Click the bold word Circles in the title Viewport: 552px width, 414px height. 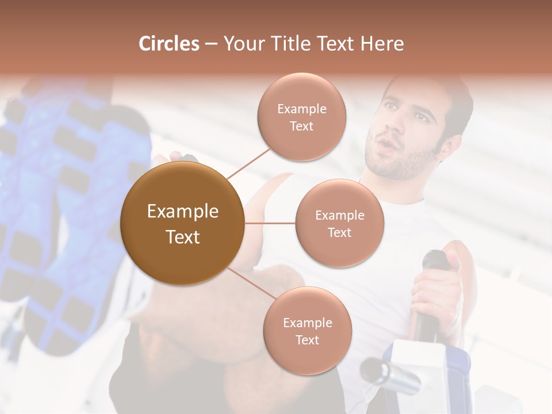coord(168,44)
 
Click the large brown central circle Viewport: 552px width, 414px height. coord(182,223)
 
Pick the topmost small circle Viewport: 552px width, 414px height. coord(302,117)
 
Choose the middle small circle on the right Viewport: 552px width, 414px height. coord(340,223)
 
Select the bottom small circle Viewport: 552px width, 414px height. coord(307,331)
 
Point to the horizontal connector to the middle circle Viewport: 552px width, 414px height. coord(270,223)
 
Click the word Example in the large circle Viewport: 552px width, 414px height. coord(182,212)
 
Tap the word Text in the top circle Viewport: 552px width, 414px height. coord(302,126)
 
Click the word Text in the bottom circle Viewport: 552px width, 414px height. coord(307,340)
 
